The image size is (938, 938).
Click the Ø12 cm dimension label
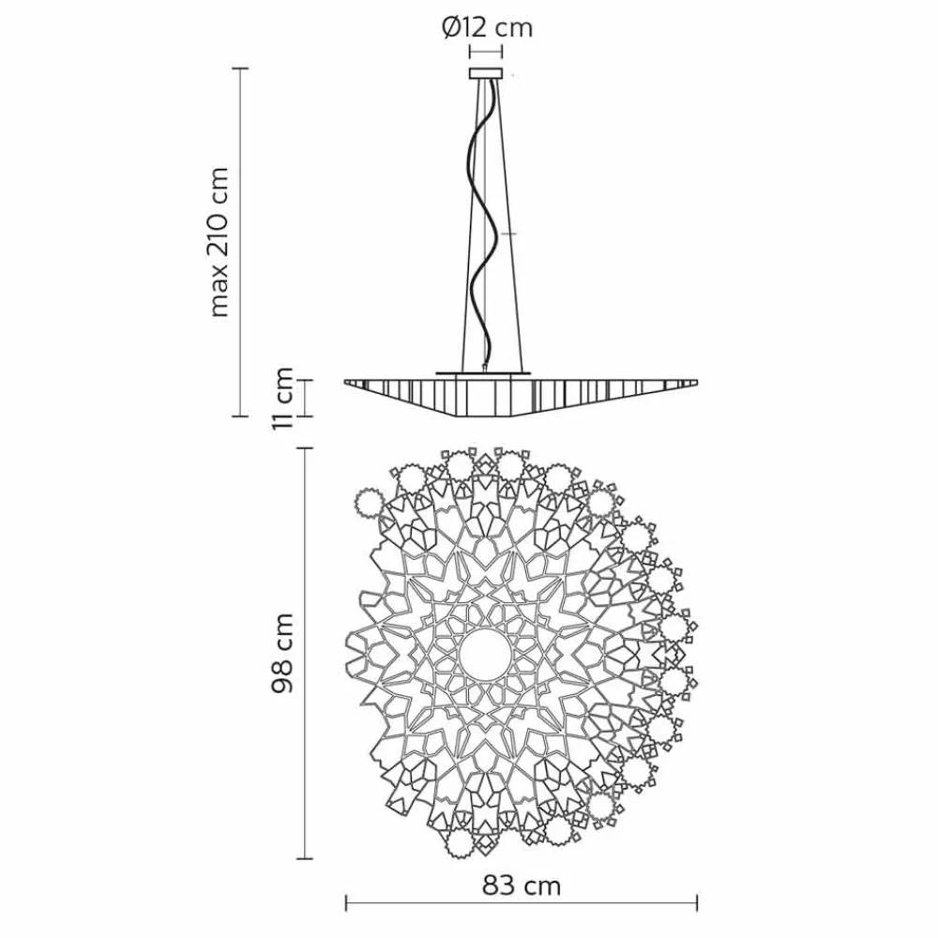tap(487, 28)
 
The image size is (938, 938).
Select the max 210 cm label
tap(219, 242)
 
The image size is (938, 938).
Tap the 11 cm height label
tap(281, 398)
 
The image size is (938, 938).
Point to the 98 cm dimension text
tap(281, 653)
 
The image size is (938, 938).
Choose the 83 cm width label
tap(522, 886)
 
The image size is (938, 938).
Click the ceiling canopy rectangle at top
tap(486, 73)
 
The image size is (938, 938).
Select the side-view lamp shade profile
tap(521, 396)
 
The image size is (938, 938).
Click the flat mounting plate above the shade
tap(483, 372)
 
